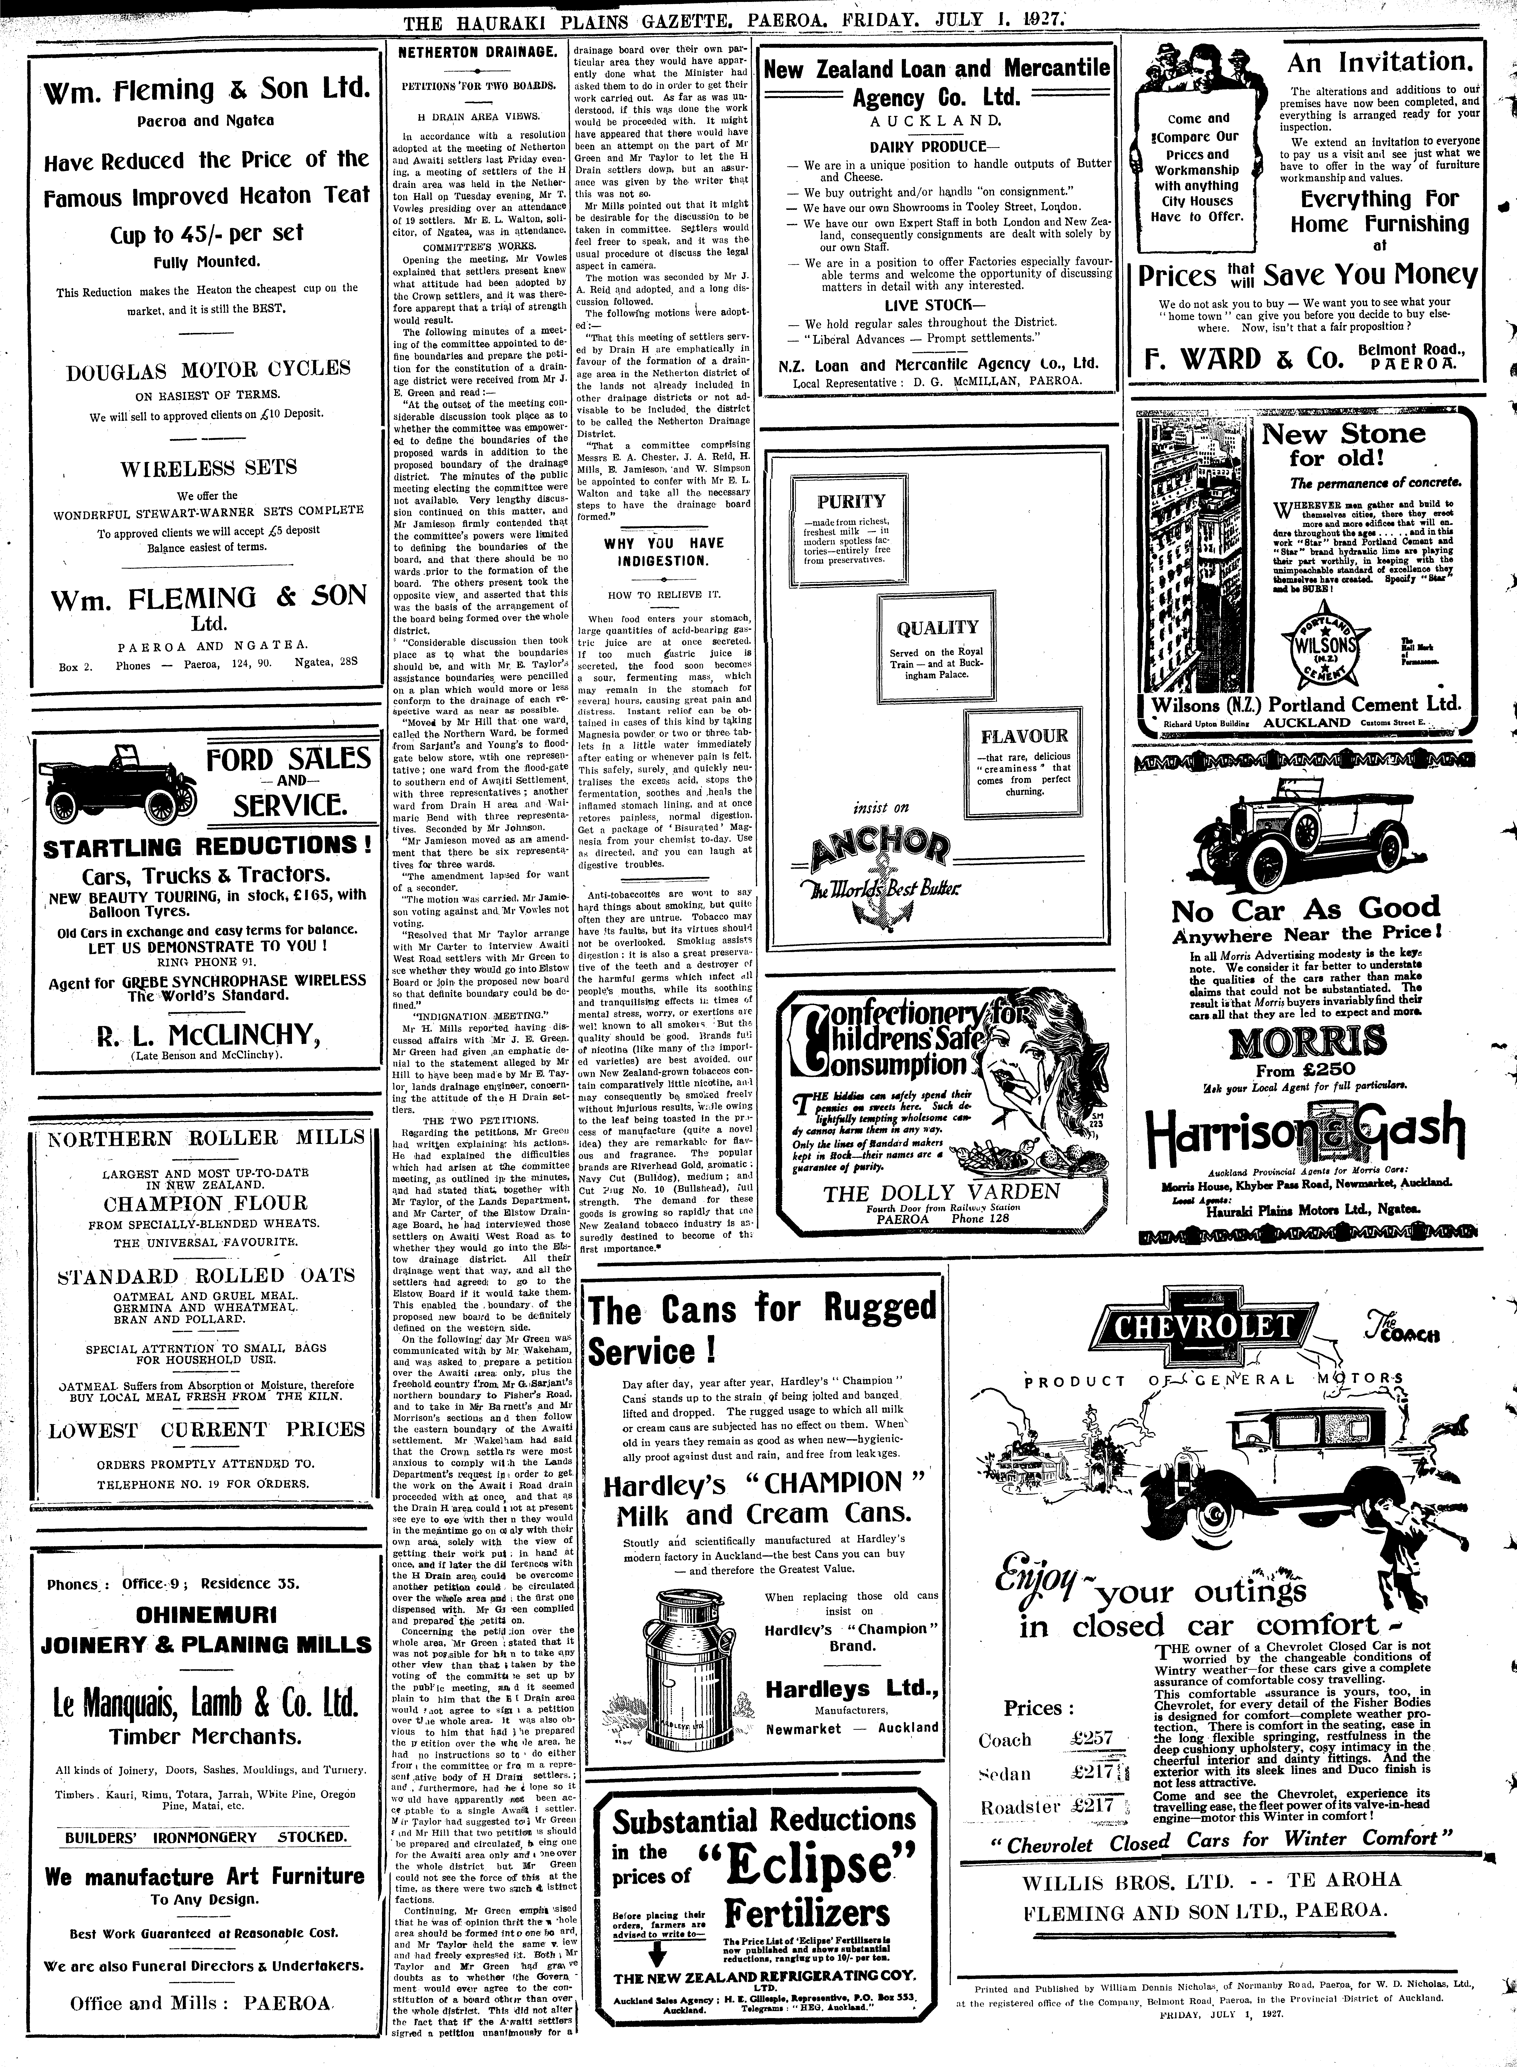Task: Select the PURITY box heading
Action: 851,501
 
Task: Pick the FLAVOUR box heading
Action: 1024,736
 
